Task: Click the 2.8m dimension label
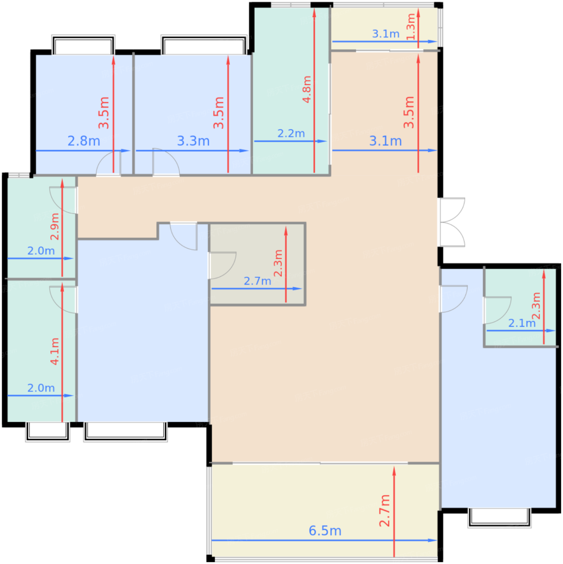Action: (84, 141)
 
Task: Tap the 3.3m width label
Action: (193, 141)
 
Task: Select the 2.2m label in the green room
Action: (291, 133)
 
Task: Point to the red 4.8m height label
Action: (307, 89)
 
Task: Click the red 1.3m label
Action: (411, 27)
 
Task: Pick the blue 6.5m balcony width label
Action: (325, 531)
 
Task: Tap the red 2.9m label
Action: (55, 226)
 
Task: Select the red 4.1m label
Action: (55, 352)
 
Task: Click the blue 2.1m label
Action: (522, 323)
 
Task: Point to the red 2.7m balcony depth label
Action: (384, 511)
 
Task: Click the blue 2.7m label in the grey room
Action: (258, 281)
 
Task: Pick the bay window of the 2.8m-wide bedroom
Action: (83, 45)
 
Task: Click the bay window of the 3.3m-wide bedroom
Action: (204, 45)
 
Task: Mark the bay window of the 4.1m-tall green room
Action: (48, 432)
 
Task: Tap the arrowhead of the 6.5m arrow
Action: (432, 540)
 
